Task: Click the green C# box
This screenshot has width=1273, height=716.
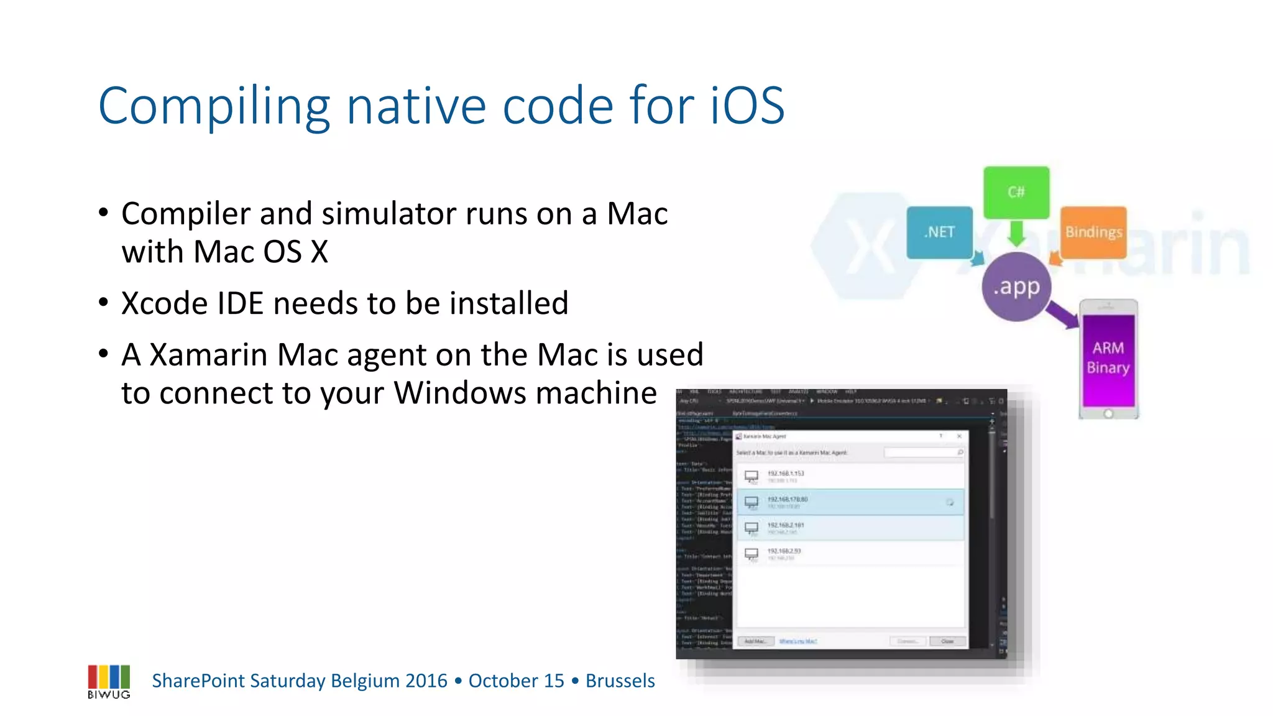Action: coord(1016,192)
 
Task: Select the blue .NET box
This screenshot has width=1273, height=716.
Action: coord(939,232)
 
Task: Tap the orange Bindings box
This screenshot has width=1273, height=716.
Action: coord(1093,232)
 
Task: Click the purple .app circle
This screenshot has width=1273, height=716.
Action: coord(1016,287)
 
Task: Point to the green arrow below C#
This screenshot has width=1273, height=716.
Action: coord(1016,234)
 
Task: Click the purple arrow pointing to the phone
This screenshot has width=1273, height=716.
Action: coord(1062,313)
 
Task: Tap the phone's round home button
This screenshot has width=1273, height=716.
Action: coord(1108,414)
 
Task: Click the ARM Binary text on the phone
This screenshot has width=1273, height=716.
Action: coord(1108,357)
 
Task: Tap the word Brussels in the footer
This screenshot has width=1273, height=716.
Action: coord(620,681)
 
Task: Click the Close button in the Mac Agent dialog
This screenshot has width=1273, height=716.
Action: coord(947,641)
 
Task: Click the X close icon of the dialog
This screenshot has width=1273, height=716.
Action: coord(959,436)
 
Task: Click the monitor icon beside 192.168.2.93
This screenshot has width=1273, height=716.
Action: coord(751,554)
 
